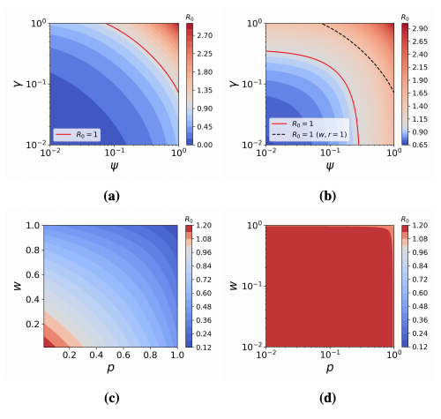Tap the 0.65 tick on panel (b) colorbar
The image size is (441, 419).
pyautogui.click(x=425, y=144)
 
